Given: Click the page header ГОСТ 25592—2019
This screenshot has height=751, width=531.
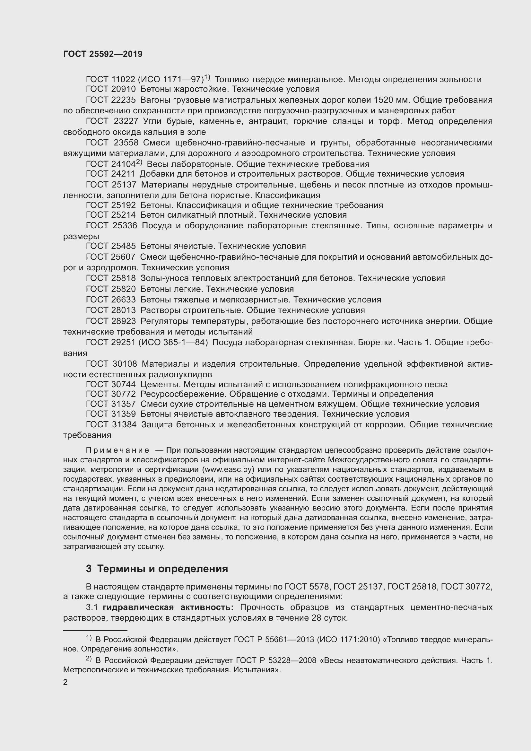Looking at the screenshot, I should pyautogui.click(x=103, y=54).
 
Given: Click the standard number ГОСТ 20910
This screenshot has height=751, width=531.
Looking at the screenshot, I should pyautogui.click(x=110, y=89).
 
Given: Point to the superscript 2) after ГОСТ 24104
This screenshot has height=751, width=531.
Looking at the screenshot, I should pyautogui.click(x=139, y=162).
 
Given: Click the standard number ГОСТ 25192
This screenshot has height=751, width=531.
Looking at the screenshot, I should pyautogui.click(x=110, y=205).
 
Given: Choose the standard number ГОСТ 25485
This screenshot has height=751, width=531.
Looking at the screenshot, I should pyautogui.click(x=110, y=246).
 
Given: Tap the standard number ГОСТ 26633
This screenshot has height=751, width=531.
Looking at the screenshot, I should pyautogui.click(x=110, y=299).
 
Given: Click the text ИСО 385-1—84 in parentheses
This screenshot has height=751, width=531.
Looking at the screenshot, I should pyautogui.click(x=173, y=342).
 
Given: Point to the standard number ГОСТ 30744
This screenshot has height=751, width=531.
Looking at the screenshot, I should pyautogui.click(x=110, y=384).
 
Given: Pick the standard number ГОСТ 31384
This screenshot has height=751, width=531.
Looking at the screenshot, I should pyautogui.click(x=110, y=424).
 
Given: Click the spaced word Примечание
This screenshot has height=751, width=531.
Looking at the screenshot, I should pyautogui.click(x=118, y=450).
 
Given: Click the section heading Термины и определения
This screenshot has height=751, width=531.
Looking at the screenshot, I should pyautogui.click(x=162, y=569).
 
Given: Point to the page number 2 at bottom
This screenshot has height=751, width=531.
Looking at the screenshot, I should pyautogui.click(x=65, y=682).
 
